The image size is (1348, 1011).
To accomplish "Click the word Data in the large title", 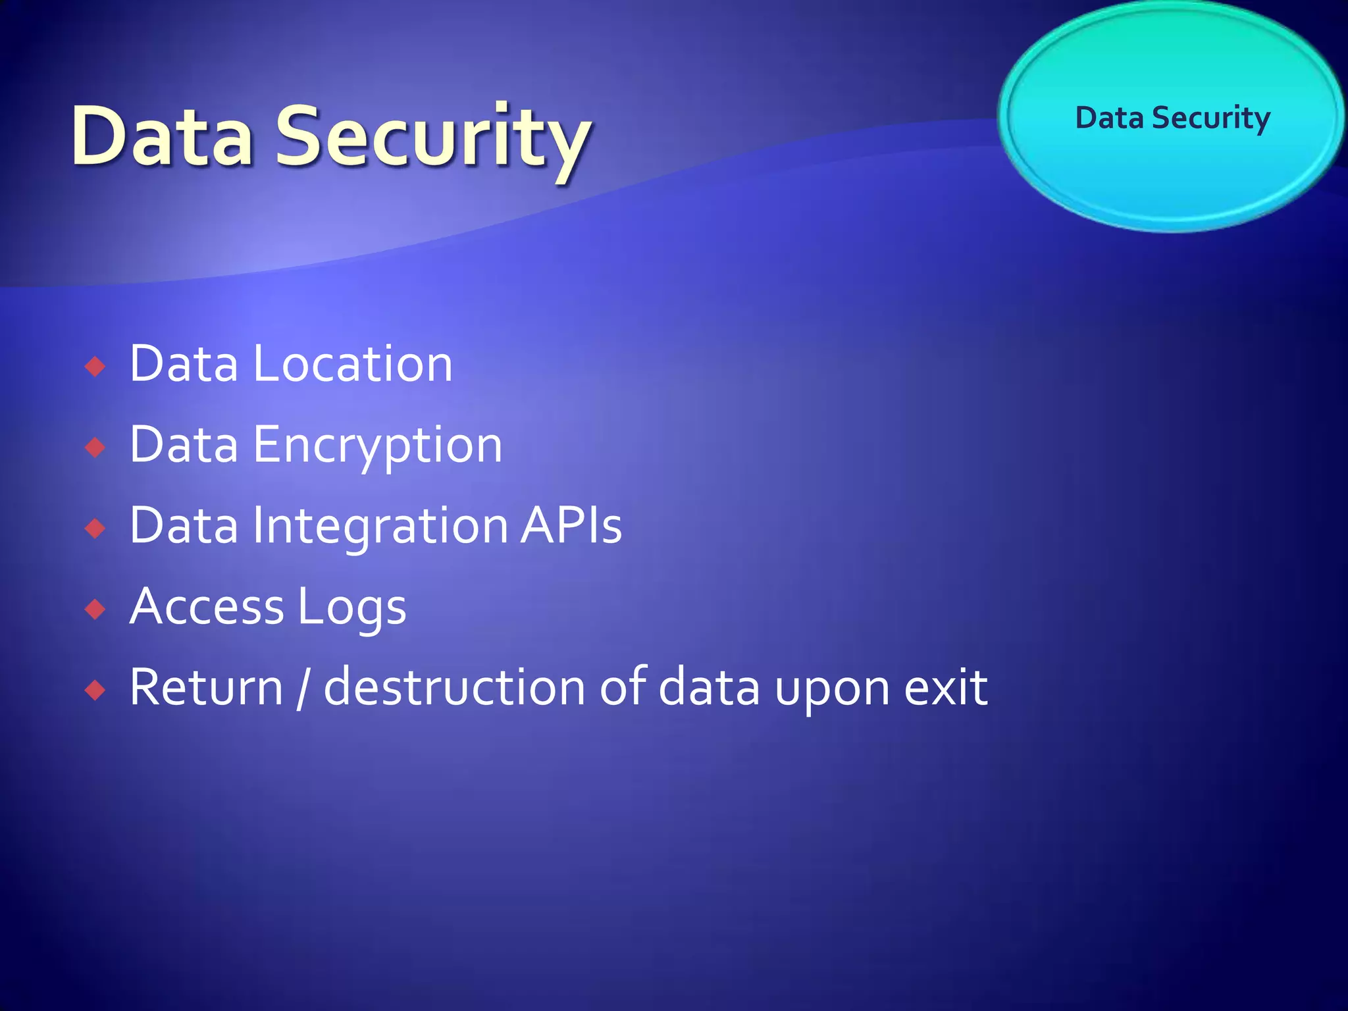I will coord(163,136).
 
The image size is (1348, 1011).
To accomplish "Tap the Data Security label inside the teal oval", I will coord(1172,118).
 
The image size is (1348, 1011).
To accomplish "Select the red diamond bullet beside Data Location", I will coord(96,366).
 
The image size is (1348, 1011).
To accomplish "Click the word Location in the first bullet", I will coord(353,364).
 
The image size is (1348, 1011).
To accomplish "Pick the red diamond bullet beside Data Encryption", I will coord(96,448).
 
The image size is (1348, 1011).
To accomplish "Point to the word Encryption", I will coord(378,446).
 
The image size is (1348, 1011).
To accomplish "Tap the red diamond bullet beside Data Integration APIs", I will coord(96,528).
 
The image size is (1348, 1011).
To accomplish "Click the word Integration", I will coord(380,527).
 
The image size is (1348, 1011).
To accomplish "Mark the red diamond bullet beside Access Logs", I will coord(96,609).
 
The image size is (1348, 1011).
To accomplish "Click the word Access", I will coord(207,607).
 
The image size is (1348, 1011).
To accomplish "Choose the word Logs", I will coord(351,608).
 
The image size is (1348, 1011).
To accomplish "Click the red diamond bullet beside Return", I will coord(96,690).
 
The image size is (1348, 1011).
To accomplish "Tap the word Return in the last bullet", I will coord(206,688).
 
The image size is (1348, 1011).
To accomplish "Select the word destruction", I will coord(454,688).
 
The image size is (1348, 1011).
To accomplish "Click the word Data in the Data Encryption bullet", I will coord(184,445).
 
